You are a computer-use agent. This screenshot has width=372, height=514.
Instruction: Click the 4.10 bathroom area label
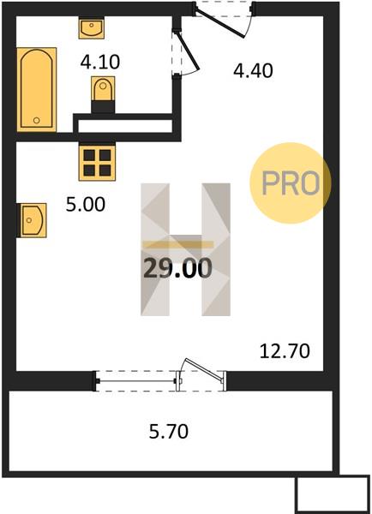pos(100,62)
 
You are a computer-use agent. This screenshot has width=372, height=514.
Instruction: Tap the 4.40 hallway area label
pos(253,71)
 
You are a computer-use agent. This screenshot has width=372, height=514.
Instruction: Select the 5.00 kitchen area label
pos(86,204)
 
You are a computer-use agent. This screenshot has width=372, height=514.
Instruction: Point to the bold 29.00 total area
pos(177,268)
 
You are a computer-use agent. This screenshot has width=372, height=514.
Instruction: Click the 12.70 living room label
pos(285,351)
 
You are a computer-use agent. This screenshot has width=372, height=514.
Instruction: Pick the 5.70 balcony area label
pos(169,432)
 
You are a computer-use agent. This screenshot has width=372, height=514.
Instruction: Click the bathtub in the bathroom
pos(36,89)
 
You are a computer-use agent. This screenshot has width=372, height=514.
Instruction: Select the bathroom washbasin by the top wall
pos(92,29)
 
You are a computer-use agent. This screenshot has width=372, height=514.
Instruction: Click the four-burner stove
pos(97,163)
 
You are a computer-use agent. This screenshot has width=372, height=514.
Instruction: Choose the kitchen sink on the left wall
pos(33,220)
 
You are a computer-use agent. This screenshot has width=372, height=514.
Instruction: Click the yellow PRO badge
pos(291,183)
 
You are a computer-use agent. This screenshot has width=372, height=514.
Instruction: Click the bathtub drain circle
pos(36,120)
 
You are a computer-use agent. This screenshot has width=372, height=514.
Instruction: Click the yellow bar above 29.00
pos(178,244)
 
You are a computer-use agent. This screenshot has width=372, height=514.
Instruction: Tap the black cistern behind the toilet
pos(103,107)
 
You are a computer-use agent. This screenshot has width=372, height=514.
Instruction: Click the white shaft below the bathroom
pos(125,126)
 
